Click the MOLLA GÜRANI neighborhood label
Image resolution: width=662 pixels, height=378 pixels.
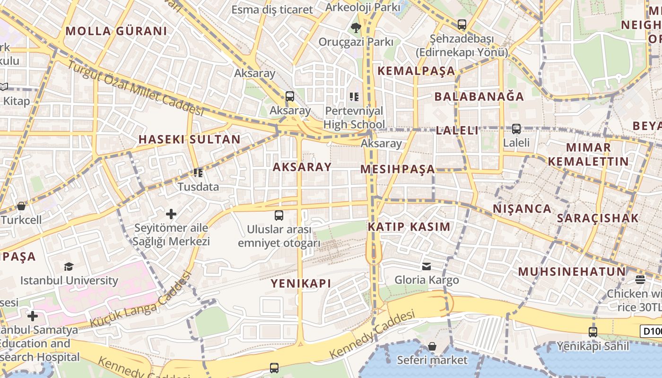pyautogui.click(x=116, y=32)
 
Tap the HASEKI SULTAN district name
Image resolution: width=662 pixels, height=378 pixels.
pyautogui.click(x=190, y=139)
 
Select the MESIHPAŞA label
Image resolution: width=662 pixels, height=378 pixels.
pyautogui.click(x=398, y=169)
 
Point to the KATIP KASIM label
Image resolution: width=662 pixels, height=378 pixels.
pyautogui.click(x=409, y=226)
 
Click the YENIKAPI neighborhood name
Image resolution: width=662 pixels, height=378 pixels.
pyautogui.click(x=301, y=283)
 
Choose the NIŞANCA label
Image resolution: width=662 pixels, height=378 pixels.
pyautogui.click(x=522, y=209)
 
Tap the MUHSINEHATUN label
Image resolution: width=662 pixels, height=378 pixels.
pyautogui.click(x=572, y=272)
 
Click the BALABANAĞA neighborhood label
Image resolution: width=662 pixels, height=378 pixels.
pyautogui.click(x=479, y=97)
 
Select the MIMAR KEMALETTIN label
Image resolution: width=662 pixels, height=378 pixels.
pyautogui.click(x=588, y=155)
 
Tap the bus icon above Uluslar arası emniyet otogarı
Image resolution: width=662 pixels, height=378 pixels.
pyautogui.click(x=279, y=215)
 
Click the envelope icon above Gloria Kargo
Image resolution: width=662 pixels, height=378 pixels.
pyautogui.click(x=427, y=266)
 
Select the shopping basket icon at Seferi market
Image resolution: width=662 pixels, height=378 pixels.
pyautogui.click(x=432, y=346)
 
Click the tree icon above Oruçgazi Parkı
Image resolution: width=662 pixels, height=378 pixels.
pyautogui.click(x=356, y=28)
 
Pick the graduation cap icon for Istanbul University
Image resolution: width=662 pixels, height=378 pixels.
pyautogui.click(x=69, y=266)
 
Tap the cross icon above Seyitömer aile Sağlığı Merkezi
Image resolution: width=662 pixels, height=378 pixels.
pyautogui.click(x=171, y=214)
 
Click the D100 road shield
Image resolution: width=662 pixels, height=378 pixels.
pyautogui.click(x=651, y=331)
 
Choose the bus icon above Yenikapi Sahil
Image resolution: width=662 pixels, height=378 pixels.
pyautogui.click(x=593, y=332)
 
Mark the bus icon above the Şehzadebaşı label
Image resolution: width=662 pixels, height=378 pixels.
pyautogui.click(x=462, y=24)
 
